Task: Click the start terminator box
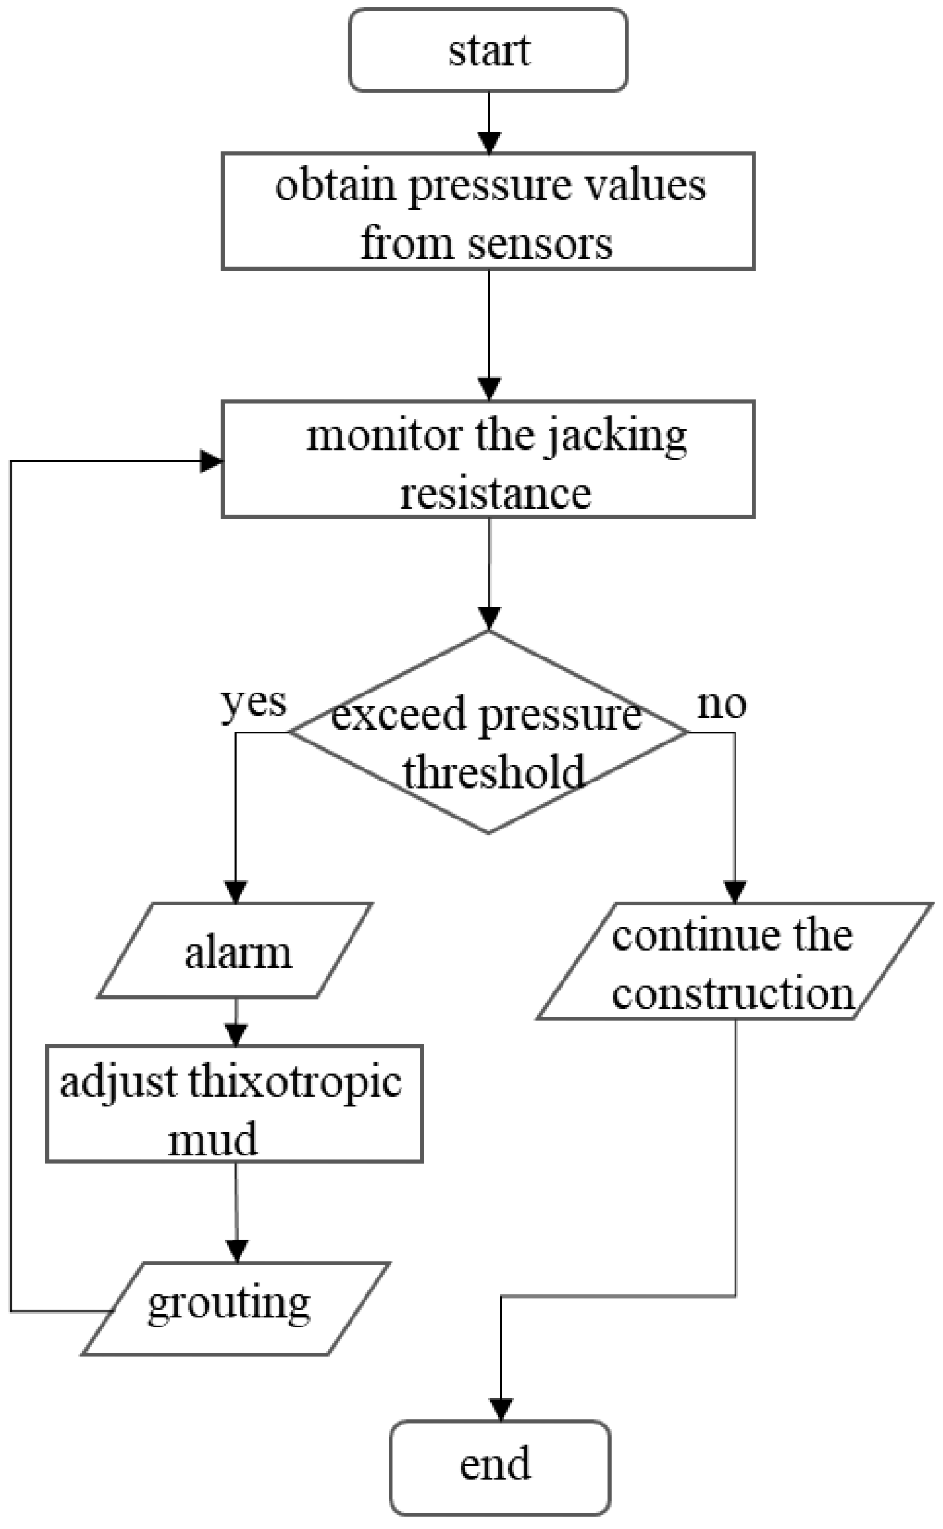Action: [488, 50]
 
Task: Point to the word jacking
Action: [615, 436]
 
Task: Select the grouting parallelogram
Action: [229, 1304]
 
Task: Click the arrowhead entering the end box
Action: [501, 1410]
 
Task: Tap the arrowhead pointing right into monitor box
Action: [211, 462]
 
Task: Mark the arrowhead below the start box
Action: [489, 142]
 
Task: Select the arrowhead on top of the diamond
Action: [489, 619]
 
